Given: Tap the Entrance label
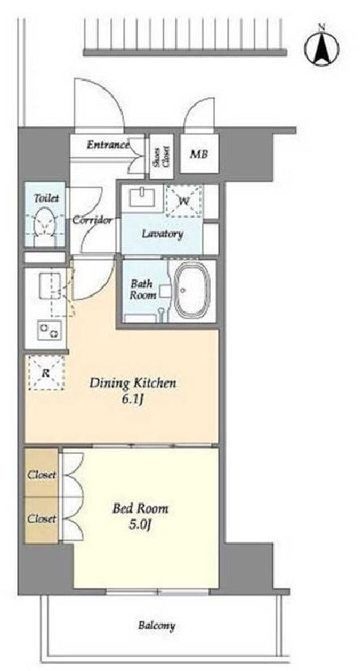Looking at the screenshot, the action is coord(108,144).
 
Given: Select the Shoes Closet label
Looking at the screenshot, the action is coord(161,156).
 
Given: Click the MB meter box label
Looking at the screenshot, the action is coord(199,154).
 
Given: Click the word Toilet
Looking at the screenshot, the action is coord(45,199).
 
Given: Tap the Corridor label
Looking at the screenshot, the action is coord(92,220).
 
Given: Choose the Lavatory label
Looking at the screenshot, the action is coord(162,234).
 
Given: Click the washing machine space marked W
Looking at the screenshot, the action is coord(184,200).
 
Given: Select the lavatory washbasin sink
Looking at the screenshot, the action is coord(143,197).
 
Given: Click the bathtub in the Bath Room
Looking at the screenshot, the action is coord(193,291).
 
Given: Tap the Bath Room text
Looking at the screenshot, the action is coord(140,288).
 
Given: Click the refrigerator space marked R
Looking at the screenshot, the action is coord(46,373).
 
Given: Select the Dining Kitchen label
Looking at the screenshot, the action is coord(132,383).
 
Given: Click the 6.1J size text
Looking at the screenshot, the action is coord(132,401).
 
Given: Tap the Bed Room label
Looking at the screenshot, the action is coord(140,508).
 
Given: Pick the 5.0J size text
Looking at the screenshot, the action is coord(140,525).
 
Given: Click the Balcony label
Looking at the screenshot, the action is coord(156,626).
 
